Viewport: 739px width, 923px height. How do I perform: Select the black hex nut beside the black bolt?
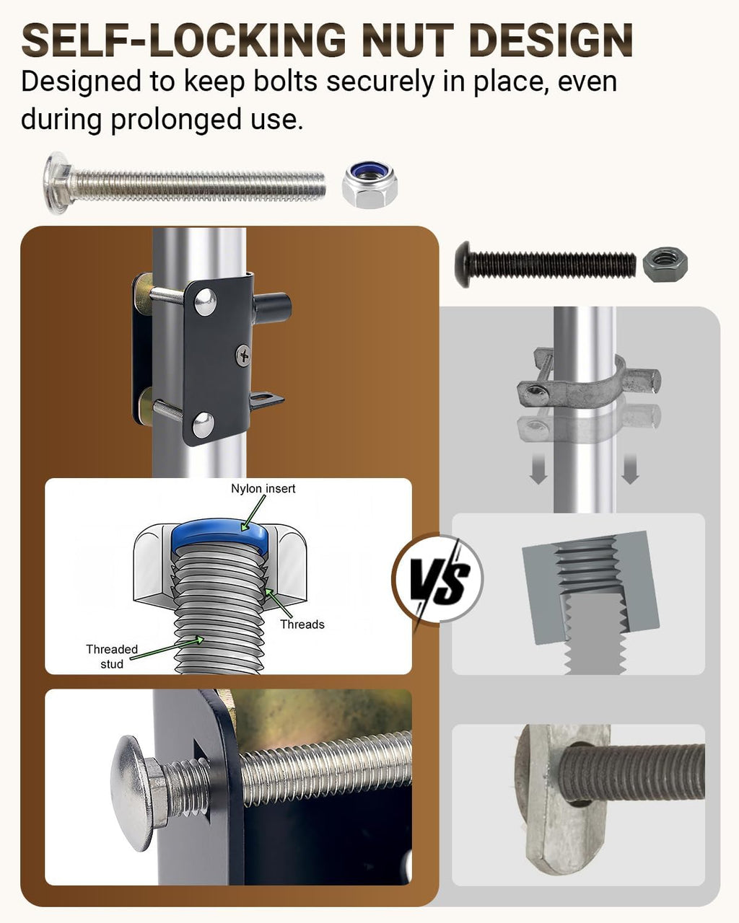tap(665, 265)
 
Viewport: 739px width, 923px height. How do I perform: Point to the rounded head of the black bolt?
tap(463, 265)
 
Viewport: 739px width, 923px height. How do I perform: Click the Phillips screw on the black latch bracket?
tap(243, 355)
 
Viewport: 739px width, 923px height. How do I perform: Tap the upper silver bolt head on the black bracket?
tap(205, 302)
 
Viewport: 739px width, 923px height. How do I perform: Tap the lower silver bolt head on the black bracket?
tap(203, 424)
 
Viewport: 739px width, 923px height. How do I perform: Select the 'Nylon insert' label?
tap(263, 488)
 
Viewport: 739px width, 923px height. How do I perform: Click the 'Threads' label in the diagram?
tap(302, 624)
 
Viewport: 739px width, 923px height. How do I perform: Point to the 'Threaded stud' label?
tap(112, 656)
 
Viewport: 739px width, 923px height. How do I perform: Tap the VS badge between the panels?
tap(438, 578)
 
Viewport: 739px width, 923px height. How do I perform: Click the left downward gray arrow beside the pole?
tap(538, 469)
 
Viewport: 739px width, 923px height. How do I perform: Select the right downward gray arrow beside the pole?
tap(630, 469)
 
